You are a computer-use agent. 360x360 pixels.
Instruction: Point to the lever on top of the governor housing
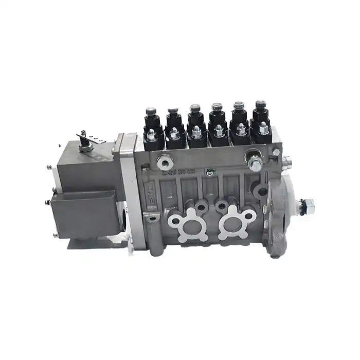84,139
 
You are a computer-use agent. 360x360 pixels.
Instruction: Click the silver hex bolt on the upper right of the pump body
255,164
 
